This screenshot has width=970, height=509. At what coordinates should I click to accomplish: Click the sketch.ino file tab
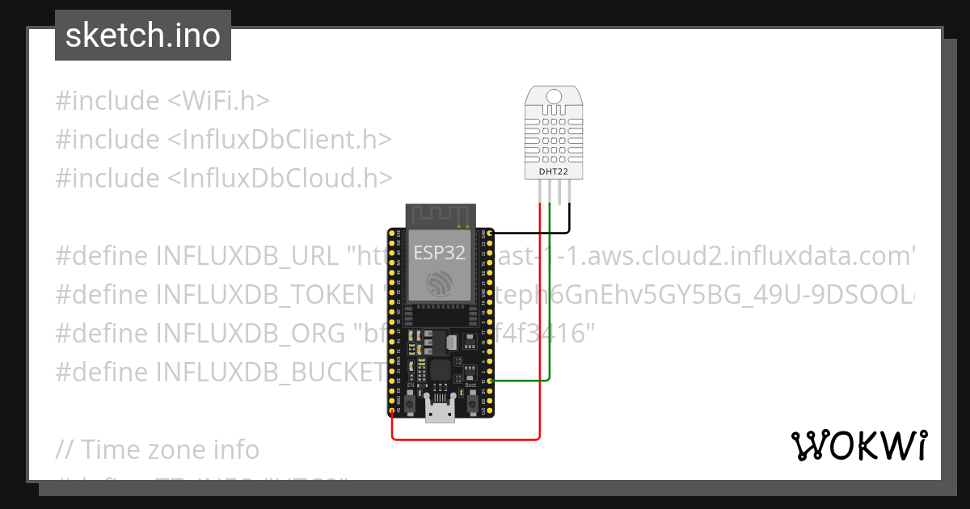point(142,36)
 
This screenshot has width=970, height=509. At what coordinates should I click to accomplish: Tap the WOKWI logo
point(858,445)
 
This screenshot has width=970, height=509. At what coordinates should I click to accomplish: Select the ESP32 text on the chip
point(439,252)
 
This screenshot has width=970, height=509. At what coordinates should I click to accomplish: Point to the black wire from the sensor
point(569,218)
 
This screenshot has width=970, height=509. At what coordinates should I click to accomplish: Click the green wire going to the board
point(550,323)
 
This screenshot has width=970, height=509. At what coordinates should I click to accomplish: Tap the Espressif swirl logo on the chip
point(440,282)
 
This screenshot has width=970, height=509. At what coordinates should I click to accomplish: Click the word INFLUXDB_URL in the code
point(247,257)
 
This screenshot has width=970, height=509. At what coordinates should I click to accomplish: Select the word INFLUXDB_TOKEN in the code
point(264,295)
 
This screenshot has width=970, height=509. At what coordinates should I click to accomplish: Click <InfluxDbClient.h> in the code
point(280,140)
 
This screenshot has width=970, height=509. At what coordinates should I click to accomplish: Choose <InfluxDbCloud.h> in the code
point(280,178)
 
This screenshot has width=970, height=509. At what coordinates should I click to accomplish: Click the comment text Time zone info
point(170,449)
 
